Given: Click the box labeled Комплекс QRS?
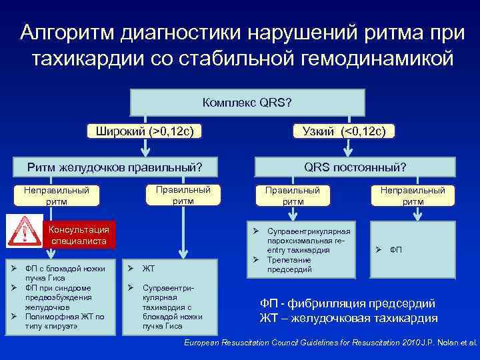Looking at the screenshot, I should point(247,103).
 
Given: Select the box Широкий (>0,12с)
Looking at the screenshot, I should point(145,131).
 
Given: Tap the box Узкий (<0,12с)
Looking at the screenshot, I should point(344,131).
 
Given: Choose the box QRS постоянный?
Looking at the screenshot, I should point(355,166).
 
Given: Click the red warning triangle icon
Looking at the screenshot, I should point(24,232).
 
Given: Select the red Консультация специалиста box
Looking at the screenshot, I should point(79,235).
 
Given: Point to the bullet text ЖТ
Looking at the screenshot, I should point(149,269).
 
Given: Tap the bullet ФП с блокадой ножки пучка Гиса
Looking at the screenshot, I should point(63,273).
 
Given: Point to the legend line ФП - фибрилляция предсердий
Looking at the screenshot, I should point(347,303).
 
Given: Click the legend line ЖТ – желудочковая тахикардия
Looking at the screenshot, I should point(348,318).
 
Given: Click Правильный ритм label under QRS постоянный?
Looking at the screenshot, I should point(293,195).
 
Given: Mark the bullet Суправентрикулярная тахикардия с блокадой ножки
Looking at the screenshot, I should point(167,307).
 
